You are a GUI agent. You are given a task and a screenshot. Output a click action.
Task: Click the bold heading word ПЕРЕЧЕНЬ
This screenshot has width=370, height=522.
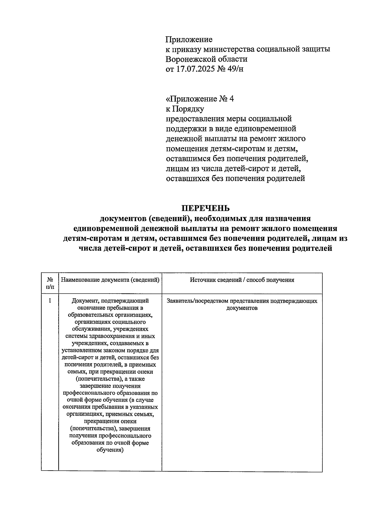pyautogui.click(x=205, y=208)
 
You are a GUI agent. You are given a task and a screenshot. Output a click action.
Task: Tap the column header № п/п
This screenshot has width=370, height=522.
pyautogui.click(x=50, y=283)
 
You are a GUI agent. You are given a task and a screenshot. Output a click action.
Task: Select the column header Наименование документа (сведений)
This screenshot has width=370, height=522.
pyautogui.click(x=110, y=280)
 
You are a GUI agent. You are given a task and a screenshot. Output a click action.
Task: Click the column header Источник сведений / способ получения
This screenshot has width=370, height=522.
pyautogui.click(x=242, y=280)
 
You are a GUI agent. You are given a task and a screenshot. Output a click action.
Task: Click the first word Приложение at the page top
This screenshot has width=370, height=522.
pyautogui.click(x=189, y=39)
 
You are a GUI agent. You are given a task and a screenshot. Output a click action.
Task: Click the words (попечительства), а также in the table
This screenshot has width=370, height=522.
pyautogui.click(x=110, y=379)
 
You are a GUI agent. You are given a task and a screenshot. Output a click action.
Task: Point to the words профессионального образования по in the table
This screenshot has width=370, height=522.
pyautogui.click(x=110, y=393)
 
